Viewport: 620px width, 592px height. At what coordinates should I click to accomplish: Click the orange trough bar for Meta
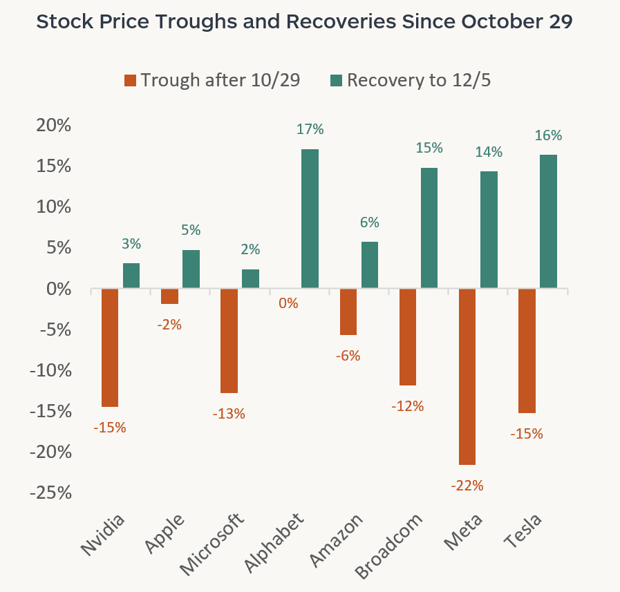coord(467,376)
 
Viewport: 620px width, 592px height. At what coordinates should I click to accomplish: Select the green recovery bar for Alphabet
coord(310,218)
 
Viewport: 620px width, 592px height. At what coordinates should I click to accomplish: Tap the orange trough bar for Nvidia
coord(110,347)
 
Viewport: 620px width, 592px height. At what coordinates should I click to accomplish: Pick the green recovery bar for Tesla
coord(548,221)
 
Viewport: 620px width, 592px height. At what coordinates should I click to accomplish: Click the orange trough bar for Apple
coord(169,296)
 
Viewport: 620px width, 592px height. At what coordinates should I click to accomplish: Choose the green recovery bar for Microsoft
coord(251,278)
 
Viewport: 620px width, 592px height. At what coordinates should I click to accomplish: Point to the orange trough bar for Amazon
coord(348,312)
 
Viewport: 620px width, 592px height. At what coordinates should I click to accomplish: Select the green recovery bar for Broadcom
coord(429,227)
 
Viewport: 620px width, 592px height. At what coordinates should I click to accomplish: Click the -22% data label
coord(467,486)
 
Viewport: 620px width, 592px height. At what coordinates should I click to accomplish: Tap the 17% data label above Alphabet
coord(310,129)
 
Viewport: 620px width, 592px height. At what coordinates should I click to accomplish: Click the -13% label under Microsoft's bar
coord(229,414)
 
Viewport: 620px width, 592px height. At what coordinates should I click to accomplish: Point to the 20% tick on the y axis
coord(53,126)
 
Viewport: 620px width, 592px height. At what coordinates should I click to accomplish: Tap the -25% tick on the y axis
coord(50,493)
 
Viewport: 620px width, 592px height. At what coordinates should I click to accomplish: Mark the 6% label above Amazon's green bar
coord(369,222)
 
